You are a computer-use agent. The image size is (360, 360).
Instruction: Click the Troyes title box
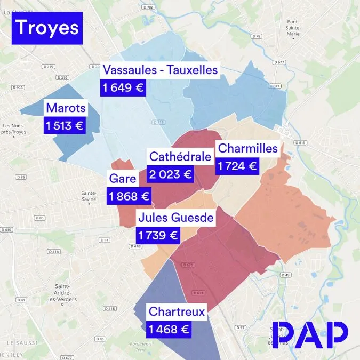pyautogui.click(x=47, y=28)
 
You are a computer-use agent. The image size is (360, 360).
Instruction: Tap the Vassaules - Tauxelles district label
pyautogui.click(x=160, y=70)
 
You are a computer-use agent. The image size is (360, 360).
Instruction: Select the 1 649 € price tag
pyautogui.click(x=123, y=88)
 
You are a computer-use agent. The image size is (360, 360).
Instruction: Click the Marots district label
pyautogui.click(x=66, y=108)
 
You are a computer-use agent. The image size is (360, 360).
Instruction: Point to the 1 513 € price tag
pyautogui.click(x=65, y=126)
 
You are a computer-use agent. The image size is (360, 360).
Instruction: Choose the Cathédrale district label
pyautogui.click(x=180, y=157)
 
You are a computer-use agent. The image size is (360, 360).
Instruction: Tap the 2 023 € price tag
pyautogui.click(x=170, y=174)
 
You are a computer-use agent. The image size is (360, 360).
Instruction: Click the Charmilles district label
pyautogui.click(x=248, y=148)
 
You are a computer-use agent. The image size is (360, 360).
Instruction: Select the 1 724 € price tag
pyautogui.click(x=237, y=166)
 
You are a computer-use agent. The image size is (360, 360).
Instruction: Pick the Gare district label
pyautogui.click(x=123, y=179)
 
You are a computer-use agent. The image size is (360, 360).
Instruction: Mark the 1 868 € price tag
pyautogui.click(x=129, y=197)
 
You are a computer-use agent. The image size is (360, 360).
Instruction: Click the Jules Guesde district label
pyautogui.click(x=175, y=218)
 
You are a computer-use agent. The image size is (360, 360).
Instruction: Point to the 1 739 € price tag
pyautogui.click(x=158, y=235)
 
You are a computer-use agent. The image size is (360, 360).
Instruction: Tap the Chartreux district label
pyautogui.click(x=177, y=311)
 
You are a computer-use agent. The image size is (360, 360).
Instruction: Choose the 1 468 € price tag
pyautogui.click(x=169, y=330)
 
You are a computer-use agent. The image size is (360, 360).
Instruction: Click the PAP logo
pyautogui.click(x=310, y=334)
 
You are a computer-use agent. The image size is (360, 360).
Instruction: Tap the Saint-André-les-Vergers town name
pyautogui.click(x=66, y=292)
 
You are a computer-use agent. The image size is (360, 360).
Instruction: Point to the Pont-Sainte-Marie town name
pyautogui.click(x=292, y=28)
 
